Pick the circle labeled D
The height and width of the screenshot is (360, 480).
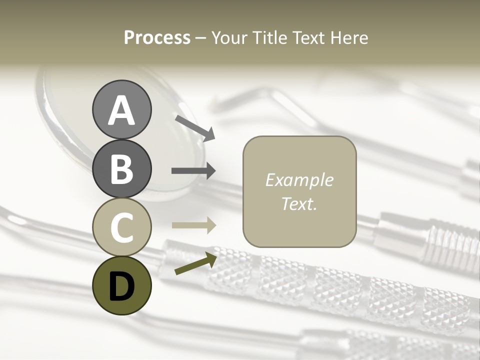[x=121, y=285]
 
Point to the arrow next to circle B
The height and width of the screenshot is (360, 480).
[x=193, y=171]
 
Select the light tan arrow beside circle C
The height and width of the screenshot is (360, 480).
[x=193, y=225]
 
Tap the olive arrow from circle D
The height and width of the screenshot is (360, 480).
[x=195, y=263]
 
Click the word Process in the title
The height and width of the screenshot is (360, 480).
[x=157, y=38]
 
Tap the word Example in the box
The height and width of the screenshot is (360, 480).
[x=299, y=180]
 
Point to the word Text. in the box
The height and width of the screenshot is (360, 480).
[x=299, y=203]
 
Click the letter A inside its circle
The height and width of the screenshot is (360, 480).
[x=121, y=111]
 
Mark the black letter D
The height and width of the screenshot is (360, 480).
[x=121, y=286]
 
